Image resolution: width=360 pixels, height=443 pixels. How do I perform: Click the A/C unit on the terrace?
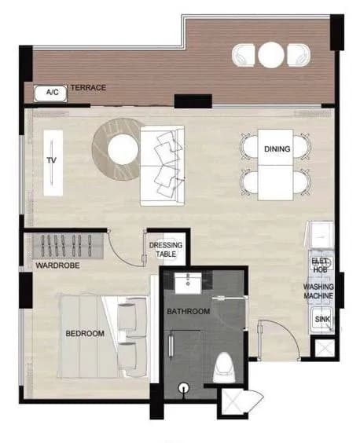[50, 93]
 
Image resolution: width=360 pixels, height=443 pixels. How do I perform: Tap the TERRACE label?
[88, 88]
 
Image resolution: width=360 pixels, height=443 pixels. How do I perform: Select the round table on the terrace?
[270, 55]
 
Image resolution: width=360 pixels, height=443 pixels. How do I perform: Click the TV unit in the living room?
[53, 163]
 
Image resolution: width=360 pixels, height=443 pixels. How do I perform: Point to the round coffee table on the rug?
[123, 149]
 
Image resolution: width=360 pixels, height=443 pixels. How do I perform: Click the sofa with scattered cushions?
[163, 166]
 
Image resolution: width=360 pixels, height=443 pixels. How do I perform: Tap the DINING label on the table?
[277, 149]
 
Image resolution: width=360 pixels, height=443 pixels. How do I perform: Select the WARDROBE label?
[57, 265]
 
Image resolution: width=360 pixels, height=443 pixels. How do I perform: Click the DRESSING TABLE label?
[166, 250]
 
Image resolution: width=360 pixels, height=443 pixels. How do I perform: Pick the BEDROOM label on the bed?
[85, 334]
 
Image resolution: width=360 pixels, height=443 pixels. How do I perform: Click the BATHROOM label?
[188, 311]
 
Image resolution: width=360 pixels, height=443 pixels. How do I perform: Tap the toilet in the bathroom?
[225, 368]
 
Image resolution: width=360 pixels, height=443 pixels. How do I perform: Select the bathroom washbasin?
[188, 284]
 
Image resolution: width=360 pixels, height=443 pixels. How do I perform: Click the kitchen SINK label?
[322, 319]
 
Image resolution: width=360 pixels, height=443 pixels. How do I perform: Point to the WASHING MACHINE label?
[318, 291]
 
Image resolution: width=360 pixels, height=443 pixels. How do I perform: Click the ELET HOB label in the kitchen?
[320, 265]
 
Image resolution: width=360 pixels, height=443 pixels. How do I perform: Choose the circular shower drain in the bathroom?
[184, 388]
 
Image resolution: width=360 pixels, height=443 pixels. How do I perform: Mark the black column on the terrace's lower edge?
[193, 101]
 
